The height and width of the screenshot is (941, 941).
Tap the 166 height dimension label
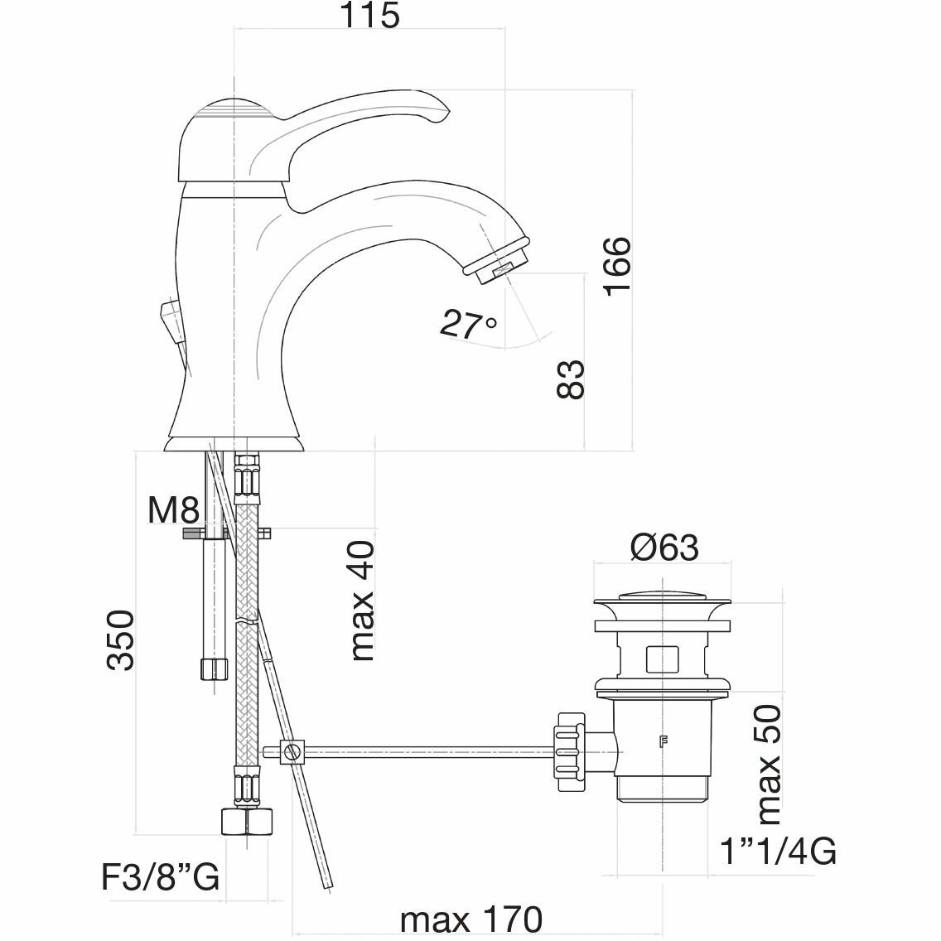[617, 265]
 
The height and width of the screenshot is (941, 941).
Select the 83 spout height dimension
[571, 379]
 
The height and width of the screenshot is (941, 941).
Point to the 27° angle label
[468, 324]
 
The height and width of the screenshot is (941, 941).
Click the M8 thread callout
[172, 511]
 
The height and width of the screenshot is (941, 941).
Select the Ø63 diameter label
[664, 548]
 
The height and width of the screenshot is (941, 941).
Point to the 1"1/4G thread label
[778, 851]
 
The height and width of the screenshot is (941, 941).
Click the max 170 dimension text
[470, 919]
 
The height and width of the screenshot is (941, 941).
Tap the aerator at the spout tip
[495, 259]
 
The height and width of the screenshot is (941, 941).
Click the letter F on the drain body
[663, 741]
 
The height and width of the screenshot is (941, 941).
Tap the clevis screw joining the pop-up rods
[291, 752]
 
